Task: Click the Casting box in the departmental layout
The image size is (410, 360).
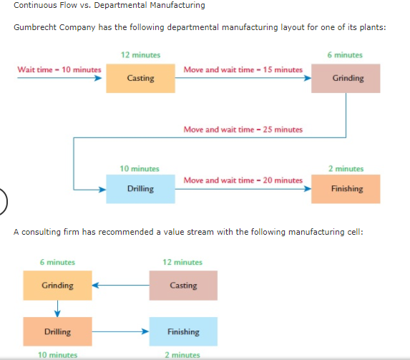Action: [140, 78]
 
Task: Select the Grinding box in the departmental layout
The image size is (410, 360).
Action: [347, 78]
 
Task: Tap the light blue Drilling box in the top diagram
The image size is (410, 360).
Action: [140, 189]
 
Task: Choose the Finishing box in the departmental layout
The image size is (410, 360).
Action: [347, 189]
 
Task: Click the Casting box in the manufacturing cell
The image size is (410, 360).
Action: [183, 286]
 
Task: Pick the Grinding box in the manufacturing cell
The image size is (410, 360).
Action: [57, 286]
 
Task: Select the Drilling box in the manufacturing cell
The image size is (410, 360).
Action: [57, 331]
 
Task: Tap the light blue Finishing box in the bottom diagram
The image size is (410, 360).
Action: [183, 331]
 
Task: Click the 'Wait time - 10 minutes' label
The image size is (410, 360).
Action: [59, 69]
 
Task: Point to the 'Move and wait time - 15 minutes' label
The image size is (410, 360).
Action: [243, 69]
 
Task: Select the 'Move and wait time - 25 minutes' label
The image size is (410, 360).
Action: [243, 130]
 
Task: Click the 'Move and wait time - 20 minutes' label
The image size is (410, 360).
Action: [243, 180]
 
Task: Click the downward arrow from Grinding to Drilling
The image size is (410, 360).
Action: [57, 308]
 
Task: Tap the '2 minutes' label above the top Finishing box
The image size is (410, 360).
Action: [346, 169]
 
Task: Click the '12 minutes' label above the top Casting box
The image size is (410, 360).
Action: [140, 54]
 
